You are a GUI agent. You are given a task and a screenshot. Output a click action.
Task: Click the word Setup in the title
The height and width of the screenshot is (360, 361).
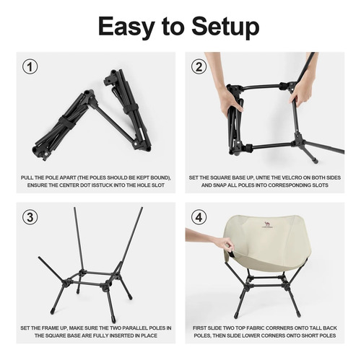(x=225, y=27)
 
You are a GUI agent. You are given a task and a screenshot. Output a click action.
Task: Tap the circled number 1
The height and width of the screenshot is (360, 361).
(x=30, y=66)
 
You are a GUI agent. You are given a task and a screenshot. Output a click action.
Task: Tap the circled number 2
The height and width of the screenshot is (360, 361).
(x=199, y=66)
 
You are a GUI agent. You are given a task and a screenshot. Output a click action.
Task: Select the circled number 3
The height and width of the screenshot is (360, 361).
(x=30, y=217)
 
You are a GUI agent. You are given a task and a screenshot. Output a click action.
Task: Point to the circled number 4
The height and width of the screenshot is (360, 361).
(x=199, y=217)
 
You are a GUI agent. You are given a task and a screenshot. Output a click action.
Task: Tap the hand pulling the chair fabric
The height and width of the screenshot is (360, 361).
(x=212, y=240)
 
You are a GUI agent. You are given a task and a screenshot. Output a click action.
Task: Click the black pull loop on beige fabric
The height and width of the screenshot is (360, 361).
(x=230, y=254)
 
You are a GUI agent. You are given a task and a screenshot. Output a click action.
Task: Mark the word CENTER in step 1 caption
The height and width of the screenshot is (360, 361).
(x=66, y=185)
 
